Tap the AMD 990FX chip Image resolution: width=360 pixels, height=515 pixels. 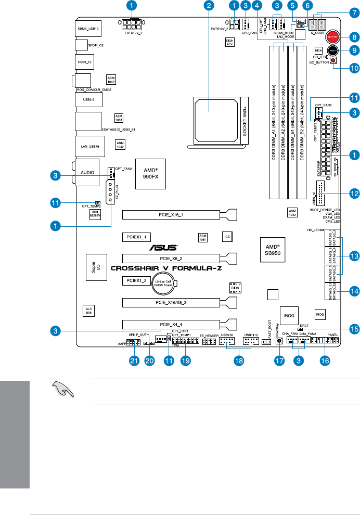coord(150,173)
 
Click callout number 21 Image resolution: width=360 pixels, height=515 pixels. coord(136,362)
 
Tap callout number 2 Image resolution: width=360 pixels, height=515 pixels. coord(209,6)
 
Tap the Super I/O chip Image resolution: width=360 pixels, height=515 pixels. coord(94,267)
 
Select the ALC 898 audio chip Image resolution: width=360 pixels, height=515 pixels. coord(88,311)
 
